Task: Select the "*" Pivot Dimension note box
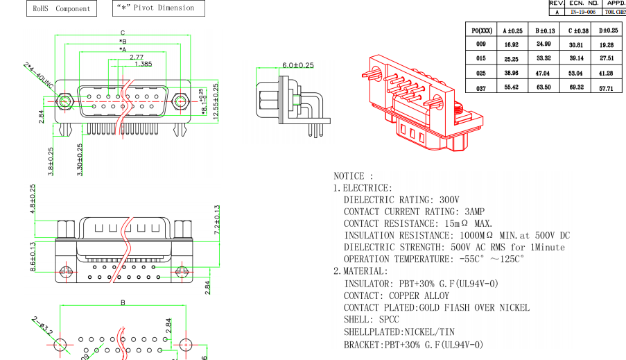point(159,8)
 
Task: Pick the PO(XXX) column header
point(482,31)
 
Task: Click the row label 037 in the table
point(481,88)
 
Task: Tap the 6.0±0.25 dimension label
point(297,65)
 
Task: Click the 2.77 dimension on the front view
point(136,57)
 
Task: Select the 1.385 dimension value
point(143,64)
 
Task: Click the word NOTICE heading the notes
point(353,176)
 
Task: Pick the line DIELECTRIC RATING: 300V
point(401,200)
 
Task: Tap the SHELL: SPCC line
point(372,320)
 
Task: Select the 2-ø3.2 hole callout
point(43,323)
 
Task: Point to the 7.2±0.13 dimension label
point(217,221)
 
